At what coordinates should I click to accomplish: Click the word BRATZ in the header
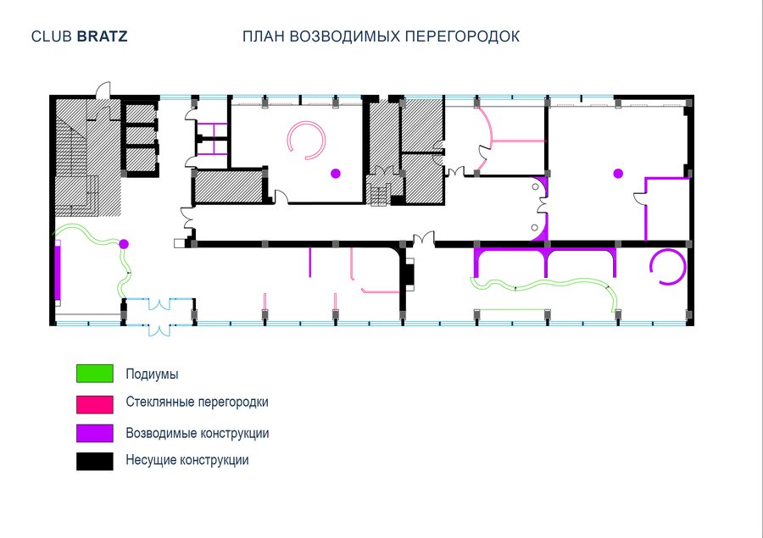click(103, 36)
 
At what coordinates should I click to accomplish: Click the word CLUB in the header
click(52, 36)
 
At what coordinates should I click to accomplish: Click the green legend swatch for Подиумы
click(95, 374)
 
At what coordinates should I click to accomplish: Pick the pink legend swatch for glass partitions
click(95, 404)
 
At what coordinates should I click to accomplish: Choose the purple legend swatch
click(95, 434)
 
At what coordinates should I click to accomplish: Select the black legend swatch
click(95, 461)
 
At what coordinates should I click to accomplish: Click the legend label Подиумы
click(152, 374)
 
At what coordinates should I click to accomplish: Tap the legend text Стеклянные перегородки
click(197, 402)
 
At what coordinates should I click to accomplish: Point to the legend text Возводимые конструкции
click(197, 433)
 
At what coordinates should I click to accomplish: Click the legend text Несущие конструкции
click(187, 460)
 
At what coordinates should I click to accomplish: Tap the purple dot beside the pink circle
click(335, 173)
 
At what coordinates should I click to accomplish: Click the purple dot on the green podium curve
click(124, 244)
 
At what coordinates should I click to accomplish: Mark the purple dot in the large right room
click(618, 173)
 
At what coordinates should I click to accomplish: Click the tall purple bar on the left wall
click(58, 273)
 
